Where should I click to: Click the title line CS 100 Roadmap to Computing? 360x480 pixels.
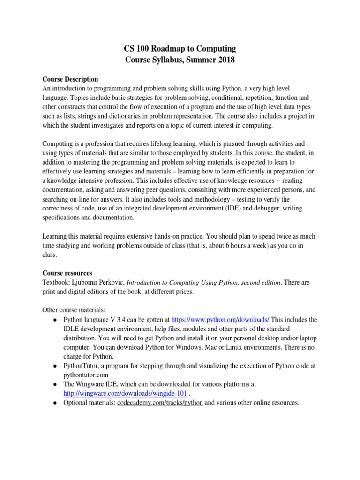pos(180,49)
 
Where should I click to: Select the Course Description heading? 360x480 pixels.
pos(70,79)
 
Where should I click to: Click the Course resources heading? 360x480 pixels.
pos(67,272)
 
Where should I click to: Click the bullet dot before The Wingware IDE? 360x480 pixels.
pos(55,384)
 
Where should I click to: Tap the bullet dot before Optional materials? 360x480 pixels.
pos(55,403)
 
